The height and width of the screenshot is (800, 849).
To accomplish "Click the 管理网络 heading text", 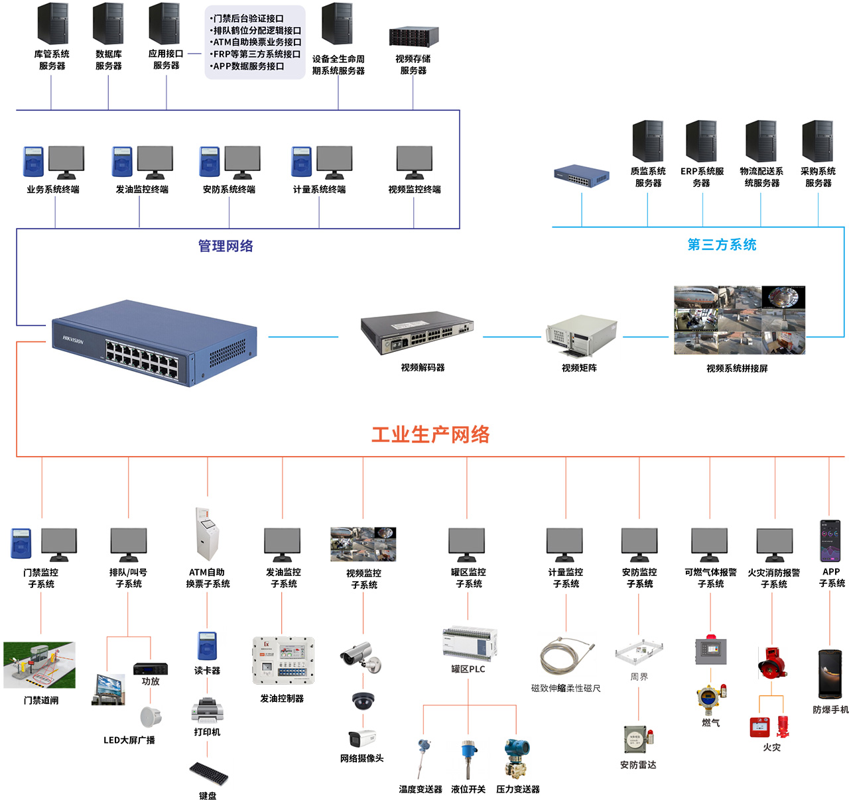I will click(226, 246).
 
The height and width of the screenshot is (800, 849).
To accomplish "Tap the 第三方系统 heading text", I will click(722, 245).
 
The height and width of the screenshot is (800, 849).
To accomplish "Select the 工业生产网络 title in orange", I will click(430, 435).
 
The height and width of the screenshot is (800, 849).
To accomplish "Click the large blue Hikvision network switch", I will click(154, 343).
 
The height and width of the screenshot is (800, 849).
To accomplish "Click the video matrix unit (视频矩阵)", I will click(581, 336).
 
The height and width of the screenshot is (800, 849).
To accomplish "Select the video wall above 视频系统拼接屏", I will click(739, 320).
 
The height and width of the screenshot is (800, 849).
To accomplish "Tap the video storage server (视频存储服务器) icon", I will click(414, 37).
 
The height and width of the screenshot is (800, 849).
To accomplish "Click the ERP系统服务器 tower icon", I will click(701, 141).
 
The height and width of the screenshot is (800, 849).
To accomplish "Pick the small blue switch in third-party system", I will click(582, 176).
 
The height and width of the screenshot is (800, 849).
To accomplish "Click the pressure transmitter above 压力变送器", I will click(517, 758).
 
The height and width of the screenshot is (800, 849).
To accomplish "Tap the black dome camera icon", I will click(363, 701).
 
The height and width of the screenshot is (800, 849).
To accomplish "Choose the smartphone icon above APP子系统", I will click(830, 541).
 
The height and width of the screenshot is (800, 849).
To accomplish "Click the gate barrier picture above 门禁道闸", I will click(40, 665).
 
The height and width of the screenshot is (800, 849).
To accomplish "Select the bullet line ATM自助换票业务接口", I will click(255, 42).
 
